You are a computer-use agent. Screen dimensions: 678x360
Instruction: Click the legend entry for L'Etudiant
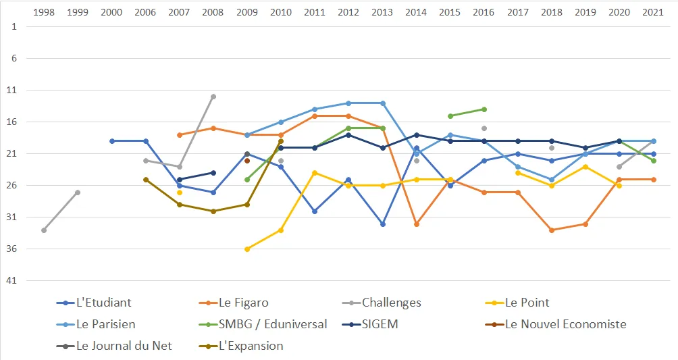coord(94,303)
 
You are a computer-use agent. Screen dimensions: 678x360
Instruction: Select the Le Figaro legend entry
coord(234,303)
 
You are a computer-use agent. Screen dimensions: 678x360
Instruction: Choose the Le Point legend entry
coord(517,303)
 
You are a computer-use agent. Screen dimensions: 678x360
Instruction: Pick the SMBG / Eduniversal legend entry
coord(263,324)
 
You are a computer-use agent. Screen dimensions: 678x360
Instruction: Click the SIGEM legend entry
coord(370,324)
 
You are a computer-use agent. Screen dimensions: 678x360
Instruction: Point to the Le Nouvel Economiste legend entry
coord(556,324)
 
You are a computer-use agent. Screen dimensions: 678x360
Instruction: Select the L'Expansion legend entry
coord(241,346)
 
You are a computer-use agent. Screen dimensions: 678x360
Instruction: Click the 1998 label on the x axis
coord(44,12)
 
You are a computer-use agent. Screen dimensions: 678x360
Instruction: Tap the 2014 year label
coord(416,12)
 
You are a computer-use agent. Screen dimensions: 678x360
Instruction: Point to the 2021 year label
coord(653,12)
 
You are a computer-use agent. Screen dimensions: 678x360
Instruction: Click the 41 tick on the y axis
coord(11,280)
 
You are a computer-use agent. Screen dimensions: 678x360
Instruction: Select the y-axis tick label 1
coord(14,26)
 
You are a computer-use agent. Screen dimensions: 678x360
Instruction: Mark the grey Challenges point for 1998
coord(44,230)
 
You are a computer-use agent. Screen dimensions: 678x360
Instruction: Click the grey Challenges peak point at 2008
coord(213,97)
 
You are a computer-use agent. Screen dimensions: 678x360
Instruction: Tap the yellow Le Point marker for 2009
coord(247,249)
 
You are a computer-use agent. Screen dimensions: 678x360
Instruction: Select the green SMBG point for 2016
coord(484,109)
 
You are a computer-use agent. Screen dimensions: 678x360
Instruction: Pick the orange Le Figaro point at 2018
coord(552,230)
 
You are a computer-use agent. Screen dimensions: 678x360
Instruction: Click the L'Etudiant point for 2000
coord(112,141)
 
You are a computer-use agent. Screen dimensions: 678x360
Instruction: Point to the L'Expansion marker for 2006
coord(146,180)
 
